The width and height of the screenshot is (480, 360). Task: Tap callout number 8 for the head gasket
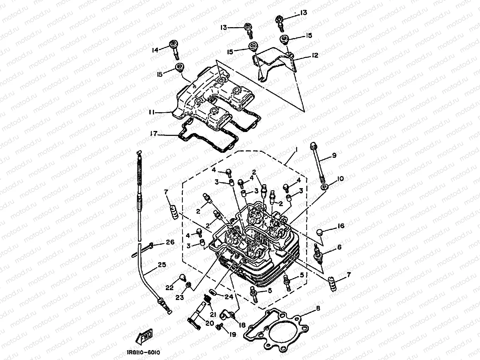pos(318,308)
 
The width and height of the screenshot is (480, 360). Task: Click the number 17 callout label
pos(153,134)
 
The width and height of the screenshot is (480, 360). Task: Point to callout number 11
pos(152,112)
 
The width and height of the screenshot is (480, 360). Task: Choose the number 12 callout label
pos(315,55)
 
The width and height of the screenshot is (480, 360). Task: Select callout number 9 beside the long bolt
pos(334,155)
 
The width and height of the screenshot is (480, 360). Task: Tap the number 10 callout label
pos(340,179)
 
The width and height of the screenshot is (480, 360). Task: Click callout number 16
pos(341,226)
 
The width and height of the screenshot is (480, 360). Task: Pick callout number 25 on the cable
pos(162,265)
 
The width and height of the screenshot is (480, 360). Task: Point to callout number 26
pos(170,242)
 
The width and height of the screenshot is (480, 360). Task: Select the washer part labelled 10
pos(324,186)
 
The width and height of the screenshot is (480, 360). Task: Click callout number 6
pos(339,247)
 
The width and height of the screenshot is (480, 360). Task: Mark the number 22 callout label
pos(170,288)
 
